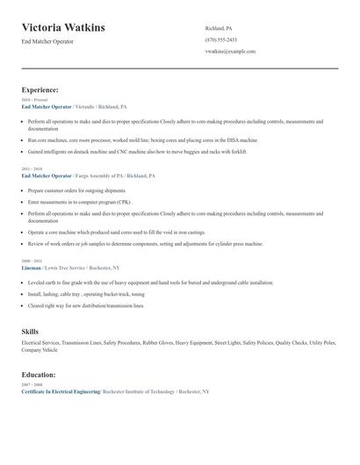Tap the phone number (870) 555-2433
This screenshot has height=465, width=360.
[x=220, y=39]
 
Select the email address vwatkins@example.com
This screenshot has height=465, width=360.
[x=230, y=51]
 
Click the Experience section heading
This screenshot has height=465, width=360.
[x=40, y=89]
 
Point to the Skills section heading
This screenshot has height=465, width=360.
[x=30, y=331]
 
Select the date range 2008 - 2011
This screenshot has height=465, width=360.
[x=32, y=261]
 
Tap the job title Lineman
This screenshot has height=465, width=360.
[x=32, y=268]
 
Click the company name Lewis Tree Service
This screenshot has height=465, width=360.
[x=67, y=268]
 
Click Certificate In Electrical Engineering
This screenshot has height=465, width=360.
[x=61, y=390]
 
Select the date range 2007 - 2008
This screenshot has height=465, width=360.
[x=32, y=384]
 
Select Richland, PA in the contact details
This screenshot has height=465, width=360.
[x=219, y=28]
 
